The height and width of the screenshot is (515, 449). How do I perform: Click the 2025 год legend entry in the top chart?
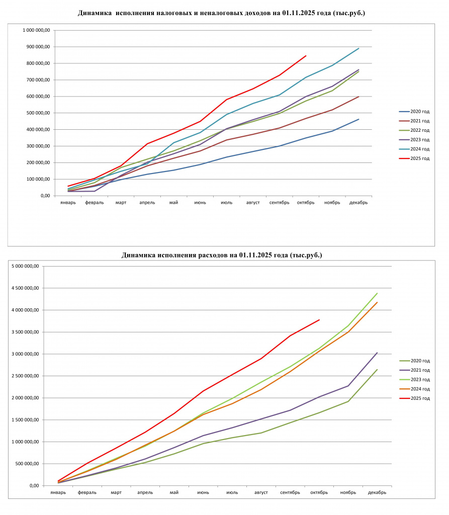(x=414, y=158)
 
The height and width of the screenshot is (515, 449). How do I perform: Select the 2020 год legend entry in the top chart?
(x=414, y=112)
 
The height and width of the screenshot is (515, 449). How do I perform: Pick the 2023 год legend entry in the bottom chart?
(x=414, y=379)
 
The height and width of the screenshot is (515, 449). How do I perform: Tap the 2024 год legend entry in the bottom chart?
(x=414, y=389)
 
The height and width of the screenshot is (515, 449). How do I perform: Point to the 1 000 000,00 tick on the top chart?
(x=36, y=30)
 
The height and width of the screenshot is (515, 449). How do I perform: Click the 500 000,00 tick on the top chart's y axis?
(x=38, y=113)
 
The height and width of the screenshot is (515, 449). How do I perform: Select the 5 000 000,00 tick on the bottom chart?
(x=25, y=266)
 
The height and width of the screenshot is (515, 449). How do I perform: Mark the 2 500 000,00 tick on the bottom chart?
(x=25, y=376)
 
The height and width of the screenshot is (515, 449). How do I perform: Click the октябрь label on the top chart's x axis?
(x=306, y=203)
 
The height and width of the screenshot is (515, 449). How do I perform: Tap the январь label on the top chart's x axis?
(x=68, y=203)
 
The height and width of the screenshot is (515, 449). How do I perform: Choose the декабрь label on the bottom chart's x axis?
(x=377, y=492)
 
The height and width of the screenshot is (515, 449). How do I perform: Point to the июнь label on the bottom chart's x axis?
(x=203, y=492)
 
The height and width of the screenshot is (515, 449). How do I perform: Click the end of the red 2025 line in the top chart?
(x=306, y=56)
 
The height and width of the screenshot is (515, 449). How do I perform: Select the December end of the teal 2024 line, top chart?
(x=358, y=48)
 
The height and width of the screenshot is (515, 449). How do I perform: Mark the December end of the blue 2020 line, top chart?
(x=358, y=119)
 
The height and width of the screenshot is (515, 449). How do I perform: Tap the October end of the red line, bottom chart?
(x=319, y=319)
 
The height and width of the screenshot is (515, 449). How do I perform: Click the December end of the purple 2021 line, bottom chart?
(x=377, y=353)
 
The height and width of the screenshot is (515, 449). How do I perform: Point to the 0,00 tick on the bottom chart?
(x=35, y=485)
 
